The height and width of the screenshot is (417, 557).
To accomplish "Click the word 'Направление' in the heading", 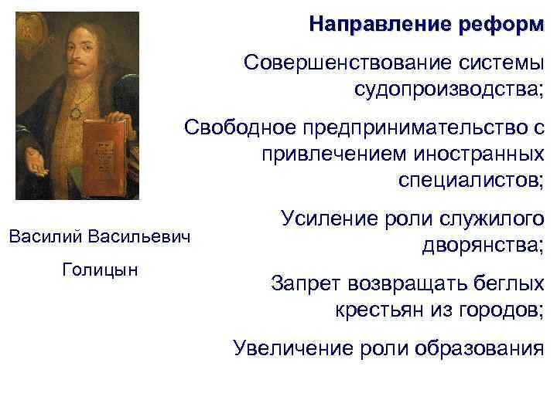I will coord(368,24).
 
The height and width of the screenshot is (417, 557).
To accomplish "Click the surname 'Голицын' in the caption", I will coord(98,270).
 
